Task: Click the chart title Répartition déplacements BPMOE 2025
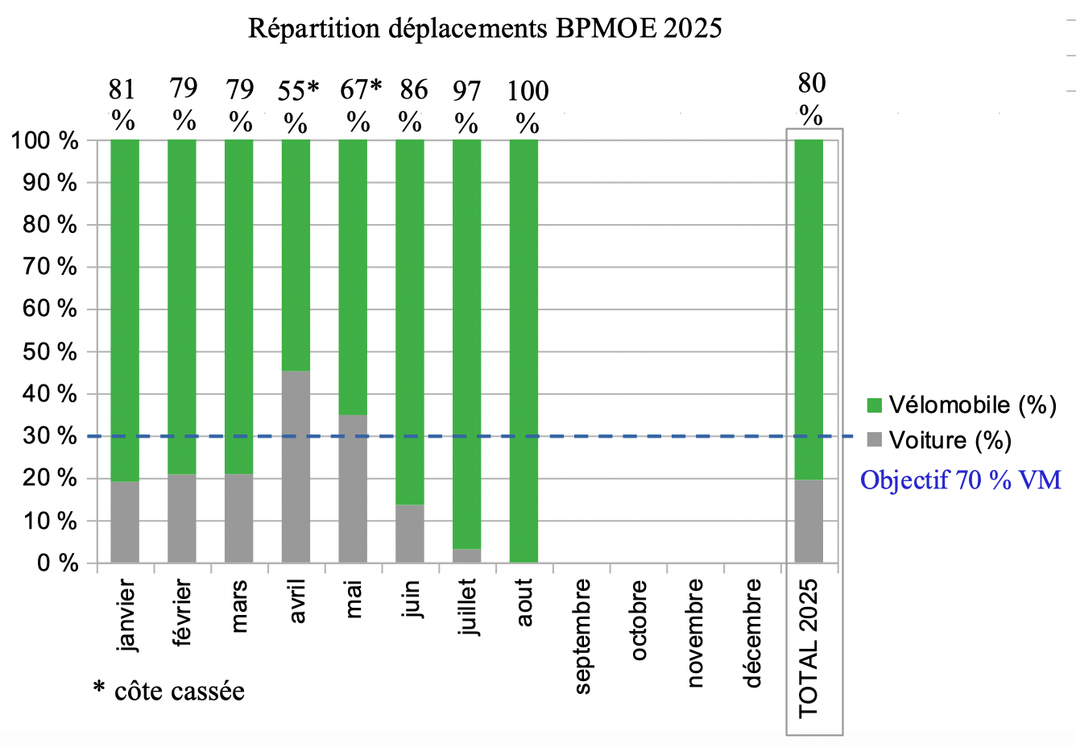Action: coord(485,29)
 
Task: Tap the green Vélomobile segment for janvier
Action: coord(125,310)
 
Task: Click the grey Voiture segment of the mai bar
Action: coord(353,488)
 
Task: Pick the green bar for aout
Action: coord(524,351)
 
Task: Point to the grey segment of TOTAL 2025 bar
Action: coord(809,521)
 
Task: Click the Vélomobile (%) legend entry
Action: coord(962,405)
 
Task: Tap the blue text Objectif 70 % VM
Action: coord(960,480)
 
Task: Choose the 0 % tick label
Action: coord(57,563)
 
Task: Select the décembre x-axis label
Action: coord(753,633)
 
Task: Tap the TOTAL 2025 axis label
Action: coord(809,648)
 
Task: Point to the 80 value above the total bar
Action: coord(812,83)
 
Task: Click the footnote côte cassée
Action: coord(169,691)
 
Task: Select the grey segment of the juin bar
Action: coord(410,533)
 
